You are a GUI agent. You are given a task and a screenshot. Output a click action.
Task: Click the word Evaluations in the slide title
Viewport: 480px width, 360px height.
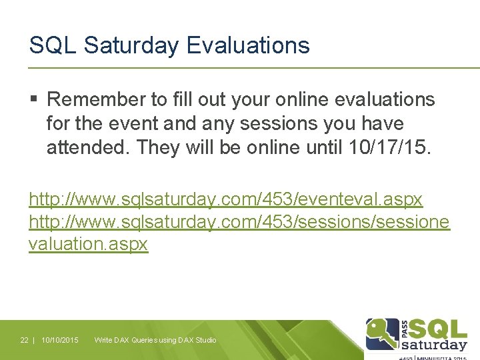coord(248,45)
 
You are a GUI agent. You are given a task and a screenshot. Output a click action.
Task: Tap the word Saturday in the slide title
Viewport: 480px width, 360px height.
coord(132,45)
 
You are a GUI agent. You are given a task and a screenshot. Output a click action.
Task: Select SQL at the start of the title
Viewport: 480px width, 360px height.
coord(53,45)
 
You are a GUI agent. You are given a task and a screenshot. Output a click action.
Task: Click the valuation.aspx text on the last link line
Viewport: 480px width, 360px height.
coord(88,244)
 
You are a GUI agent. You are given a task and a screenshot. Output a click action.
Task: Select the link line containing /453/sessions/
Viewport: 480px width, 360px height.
coord(239,221)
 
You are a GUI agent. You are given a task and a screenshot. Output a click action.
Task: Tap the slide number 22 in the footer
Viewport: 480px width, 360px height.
coord(24,340)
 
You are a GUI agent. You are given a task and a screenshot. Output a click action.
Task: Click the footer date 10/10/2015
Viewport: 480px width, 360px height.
coord(59,340)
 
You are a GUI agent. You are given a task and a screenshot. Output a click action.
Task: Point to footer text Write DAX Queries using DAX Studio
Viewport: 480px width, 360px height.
coord(155,340)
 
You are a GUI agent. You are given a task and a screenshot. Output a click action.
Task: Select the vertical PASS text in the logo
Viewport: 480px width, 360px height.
coord(405,328)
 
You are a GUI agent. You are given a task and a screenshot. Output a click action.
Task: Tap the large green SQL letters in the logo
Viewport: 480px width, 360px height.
coord(437,328)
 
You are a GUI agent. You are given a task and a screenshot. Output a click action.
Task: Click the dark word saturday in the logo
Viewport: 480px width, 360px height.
coord(434,345)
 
